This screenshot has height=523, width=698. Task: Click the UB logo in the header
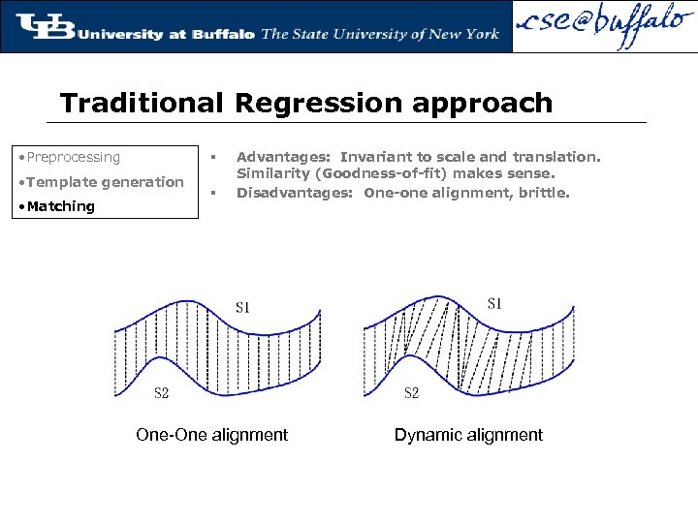click(44, 26)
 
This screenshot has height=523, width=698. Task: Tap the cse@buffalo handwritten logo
click(602, 27)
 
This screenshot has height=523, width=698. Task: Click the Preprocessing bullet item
click(74, 157)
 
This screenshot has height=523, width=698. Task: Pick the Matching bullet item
click(60, 206)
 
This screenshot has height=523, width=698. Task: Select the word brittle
click(545, 192)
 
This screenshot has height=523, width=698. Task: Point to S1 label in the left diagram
click(243, 308)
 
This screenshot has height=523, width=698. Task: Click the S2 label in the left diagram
click(162, 392)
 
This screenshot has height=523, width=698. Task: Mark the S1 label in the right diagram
click(494, 304)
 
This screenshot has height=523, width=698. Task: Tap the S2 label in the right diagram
click(411, 392)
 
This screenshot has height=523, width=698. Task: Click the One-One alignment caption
click(212, 435)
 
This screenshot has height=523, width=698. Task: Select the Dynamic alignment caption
click(468, 435)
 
